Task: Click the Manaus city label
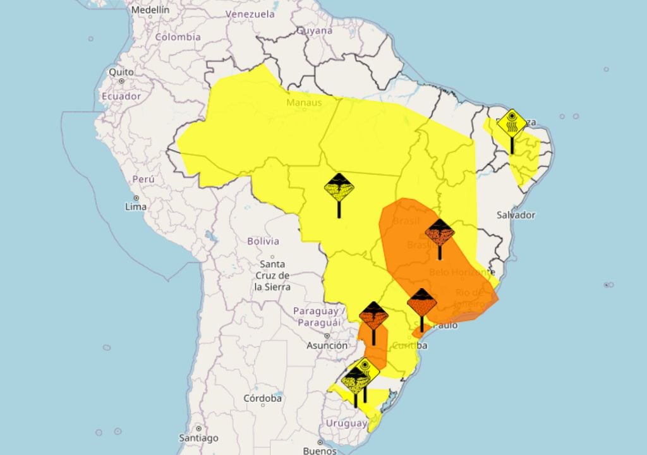(304, 102)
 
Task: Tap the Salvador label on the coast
(516, 215)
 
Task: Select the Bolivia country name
(263, 241)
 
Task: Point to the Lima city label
(136, 207)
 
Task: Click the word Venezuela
(250, 14)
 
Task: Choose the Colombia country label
(178, 37)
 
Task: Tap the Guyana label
(315, 30)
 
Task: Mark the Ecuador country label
(121, 96)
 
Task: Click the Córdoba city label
(262, 398)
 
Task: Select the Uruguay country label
(346, 423)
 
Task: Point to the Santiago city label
(198, 437)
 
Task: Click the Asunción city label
(327, 346)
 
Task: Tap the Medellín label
(150, 9)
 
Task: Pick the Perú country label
(143, 179)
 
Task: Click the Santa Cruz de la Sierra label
(272, 275)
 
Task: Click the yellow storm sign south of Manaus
(339, 188)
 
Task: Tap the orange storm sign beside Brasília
(440, 233)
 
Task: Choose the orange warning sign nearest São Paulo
(421, 303)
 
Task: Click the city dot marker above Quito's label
(121, 81)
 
